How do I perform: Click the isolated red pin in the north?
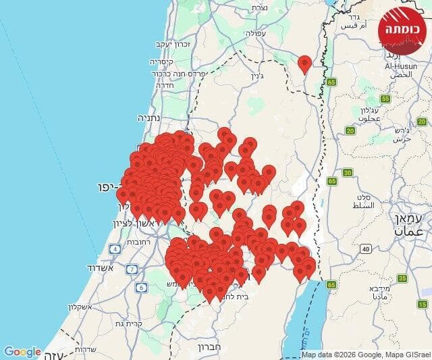coord(304,63)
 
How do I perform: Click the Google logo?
coord(22,352)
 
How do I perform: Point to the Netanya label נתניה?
coord(148,117)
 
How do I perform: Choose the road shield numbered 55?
coord(385,99)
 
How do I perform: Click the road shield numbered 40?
coord(365,249)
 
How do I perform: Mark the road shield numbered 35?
coord(403,278)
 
